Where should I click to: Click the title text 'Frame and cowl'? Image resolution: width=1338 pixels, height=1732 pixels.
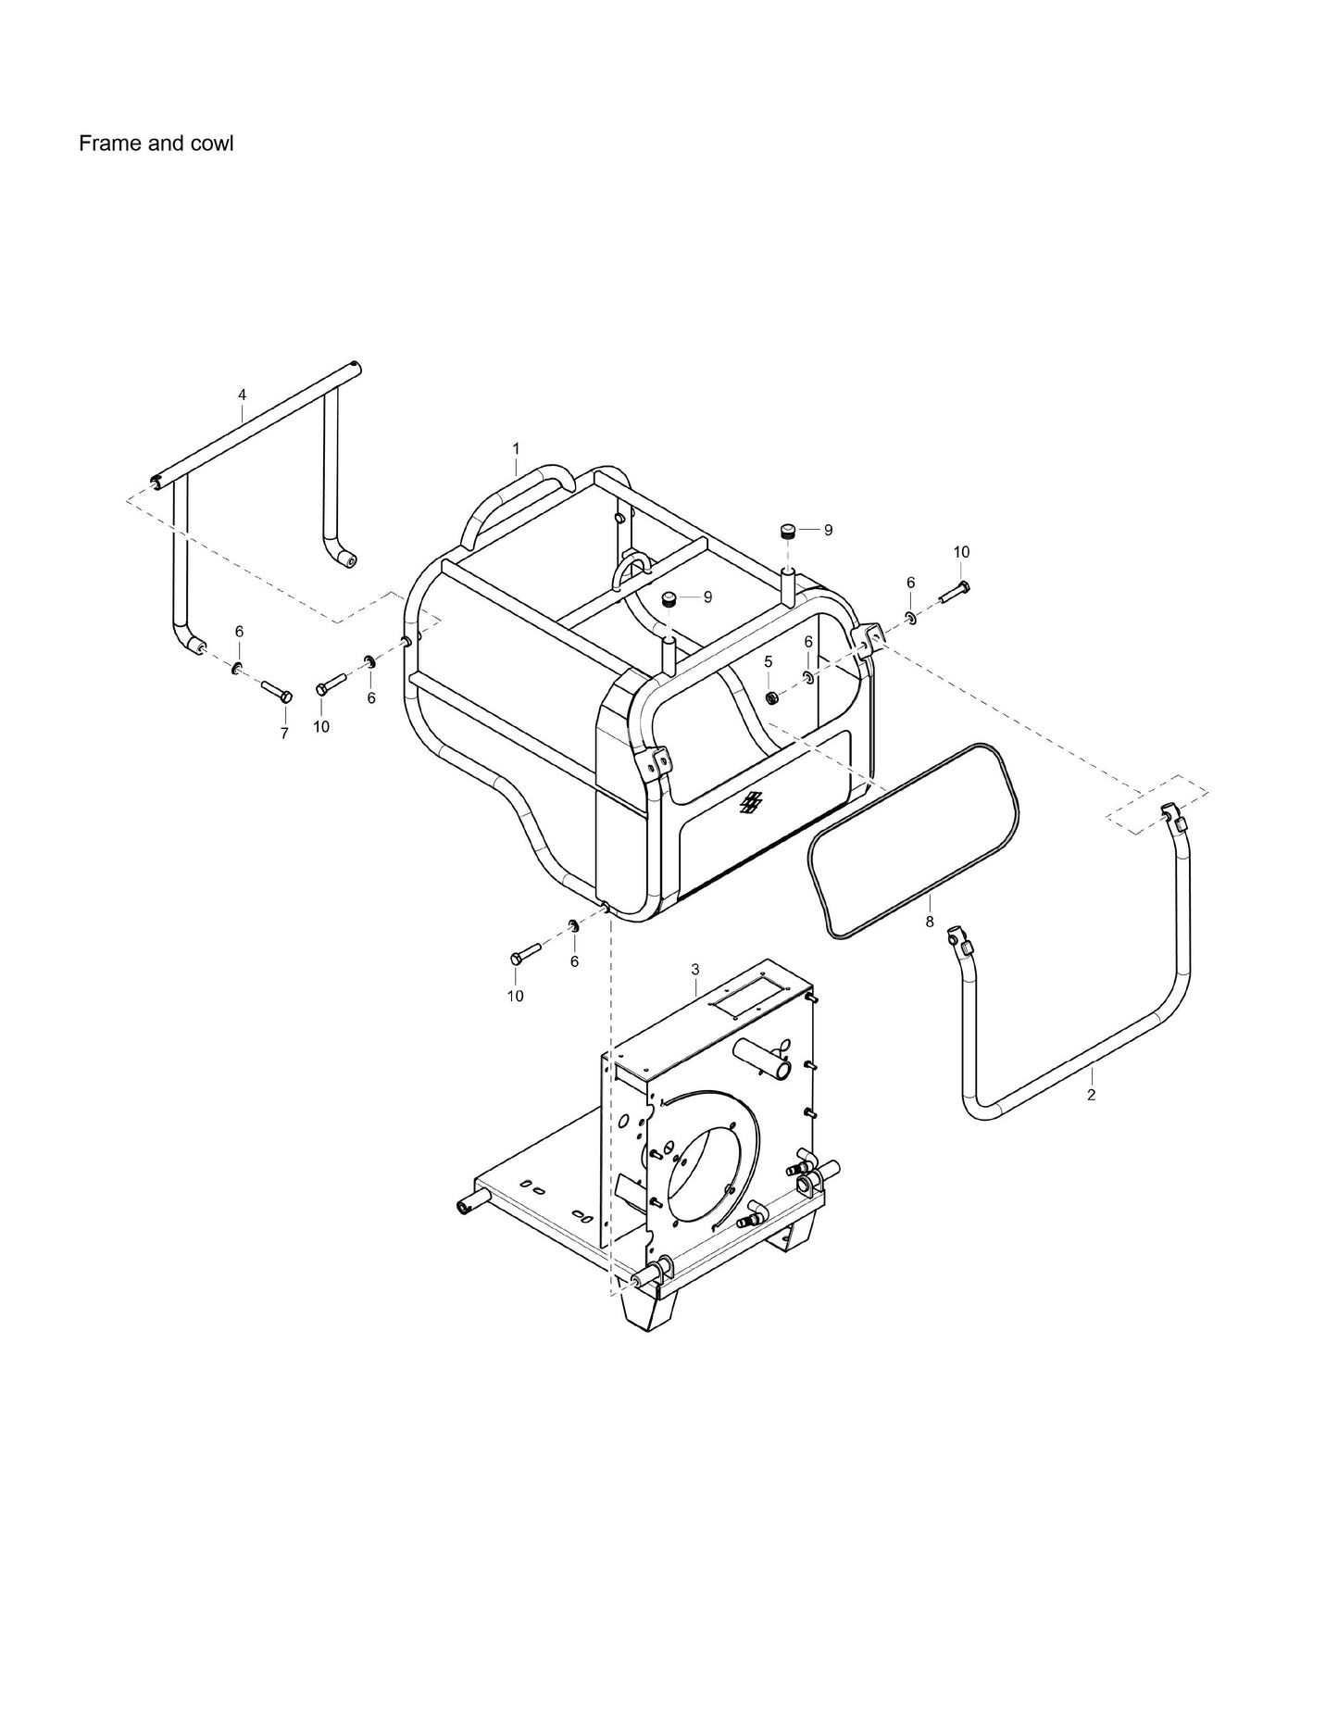click(x=156, y=144)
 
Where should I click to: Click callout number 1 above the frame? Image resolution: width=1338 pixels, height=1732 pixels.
click(x=516, y=448)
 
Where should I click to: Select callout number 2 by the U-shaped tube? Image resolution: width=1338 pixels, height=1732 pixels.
click(x=1091, y=1096)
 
